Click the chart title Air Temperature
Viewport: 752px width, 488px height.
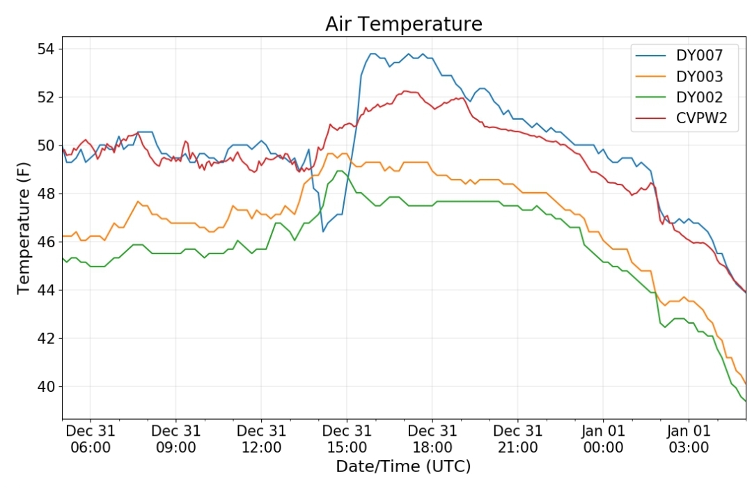click(404, 24)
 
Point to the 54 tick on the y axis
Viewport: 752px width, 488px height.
click(47, 49)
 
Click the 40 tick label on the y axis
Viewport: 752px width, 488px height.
click(47, 386)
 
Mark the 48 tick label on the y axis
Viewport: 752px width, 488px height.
click(47, 194)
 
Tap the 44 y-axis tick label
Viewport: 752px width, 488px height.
click(47, 290)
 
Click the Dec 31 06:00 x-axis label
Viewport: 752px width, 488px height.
click(91, 439)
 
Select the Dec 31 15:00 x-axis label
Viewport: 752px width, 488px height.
click(347, 439)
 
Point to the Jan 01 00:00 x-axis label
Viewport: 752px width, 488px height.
click(603, 439)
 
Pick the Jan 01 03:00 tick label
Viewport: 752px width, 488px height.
click(689, 439)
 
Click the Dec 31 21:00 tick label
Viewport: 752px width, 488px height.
click(518, 439)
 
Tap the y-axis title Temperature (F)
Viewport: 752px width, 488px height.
click(24, 228)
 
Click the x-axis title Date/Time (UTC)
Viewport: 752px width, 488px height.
click(403, 466)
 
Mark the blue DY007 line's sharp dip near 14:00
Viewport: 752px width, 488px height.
click(323, 232)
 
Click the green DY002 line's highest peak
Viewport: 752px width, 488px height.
click(340, 171)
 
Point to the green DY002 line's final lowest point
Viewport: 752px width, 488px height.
click(745, 401)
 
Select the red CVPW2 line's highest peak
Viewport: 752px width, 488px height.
click(406, 91)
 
